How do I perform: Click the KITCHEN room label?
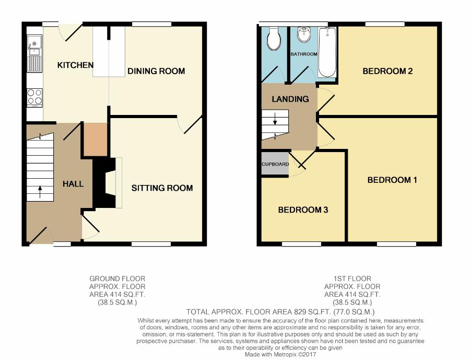(x=75, y=65)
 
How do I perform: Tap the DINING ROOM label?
(x=156, y=71)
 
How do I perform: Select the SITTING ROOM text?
(x=162, y=188)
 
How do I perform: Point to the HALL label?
(x=73, y=184)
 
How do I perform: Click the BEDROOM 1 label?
(x=392, y=180)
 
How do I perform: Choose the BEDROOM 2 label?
(x=387, y=71)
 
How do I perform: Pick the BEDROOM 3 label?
(x=303, y=210)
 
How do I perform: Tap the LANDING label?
(x=290, y=99)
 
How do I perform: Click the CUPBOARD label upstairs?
(x=275, y=165)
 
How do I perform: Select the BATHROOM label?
(x=304, y=54)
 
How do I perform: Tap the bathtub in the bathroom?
(x=327, y=52)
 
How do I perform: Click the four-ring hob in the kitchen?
(x=35, y=98)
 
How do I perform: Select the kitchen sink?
(x=35, y=54)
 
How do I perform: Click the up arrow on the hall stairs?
(x=40, y=192)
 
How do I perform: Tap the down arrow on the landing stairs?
(x=275, y=120)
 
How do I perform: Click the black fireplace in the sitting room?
(x=104, y=183)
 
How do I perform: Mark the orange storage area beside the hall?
(x=96, y=140)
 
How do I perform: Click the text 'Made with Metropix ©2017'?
(x=280, y=355)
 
